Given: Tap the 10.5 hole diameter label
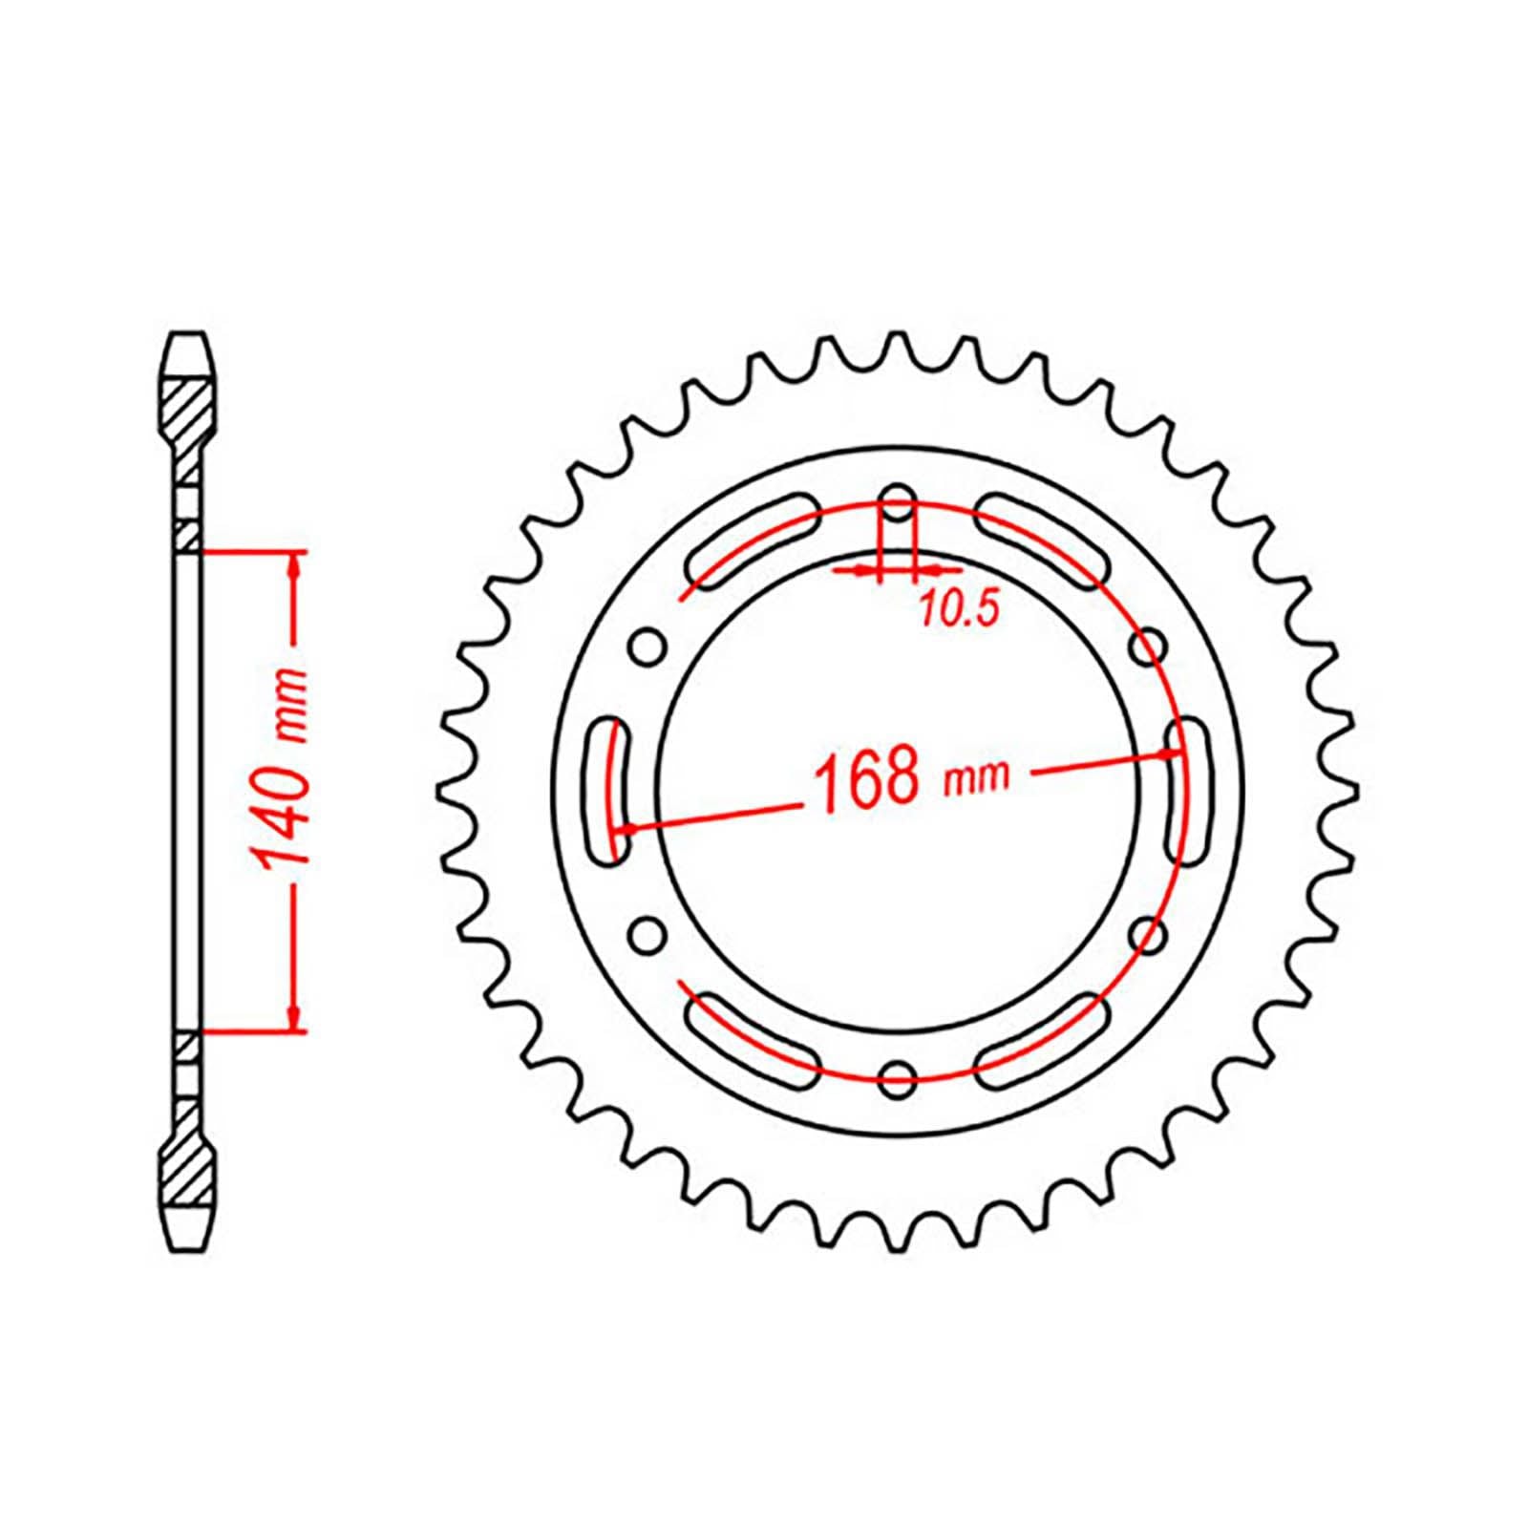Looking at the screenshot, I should tap(958, 608).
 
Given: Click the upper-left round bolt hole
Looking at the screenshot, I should tap(647, 647).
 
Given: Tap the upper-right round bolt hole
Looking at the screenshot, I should tap(1148, 647).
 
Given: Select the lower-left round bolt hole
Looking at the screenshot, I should tap(647, 933).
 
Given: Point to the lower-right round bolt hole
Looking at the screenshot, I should tap(1148, 933).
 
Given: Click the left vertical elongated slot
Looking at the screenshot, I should tap(608, 792).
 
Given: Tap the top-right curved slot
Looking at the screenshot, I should tap(1043, 542).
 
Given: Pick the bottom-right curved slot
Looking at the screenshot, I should tap(1043, 1038).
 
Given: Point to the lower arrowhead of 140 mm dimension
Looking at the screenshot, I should tap(295, 1016).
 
